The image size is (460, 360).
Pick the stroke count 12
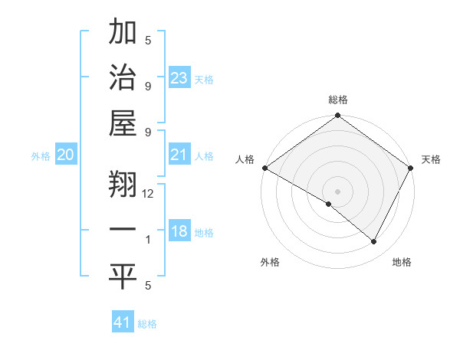click(x=148, y=194)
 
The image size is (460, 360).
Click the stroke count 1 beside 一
click(x=148, y=240)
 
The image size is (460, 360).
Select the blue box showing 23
click(x=179, y=78)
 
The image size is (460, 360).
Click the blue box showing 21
click(x=179, y=155)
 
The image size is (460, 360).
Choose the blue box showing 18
click(x=179, y=231)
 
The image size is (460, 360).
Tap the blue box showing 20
click(x=65, y=155)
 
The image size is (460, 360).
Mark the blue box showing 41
click(x=122, y=322)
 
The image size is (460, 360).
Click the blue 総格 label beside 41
click(x=147, y=324)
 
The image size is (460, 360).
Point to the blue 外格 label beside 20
click(x=41, y=156)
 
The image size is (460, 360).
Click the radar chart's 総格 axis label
click(x=337, y=100)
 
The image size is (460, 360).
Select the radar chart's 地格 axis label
click(x=402, y=262)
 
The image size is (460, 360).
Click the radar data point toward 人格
click(x=264, y=168)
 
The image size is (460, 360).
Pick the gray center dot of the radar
click(x=337, y=191)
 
